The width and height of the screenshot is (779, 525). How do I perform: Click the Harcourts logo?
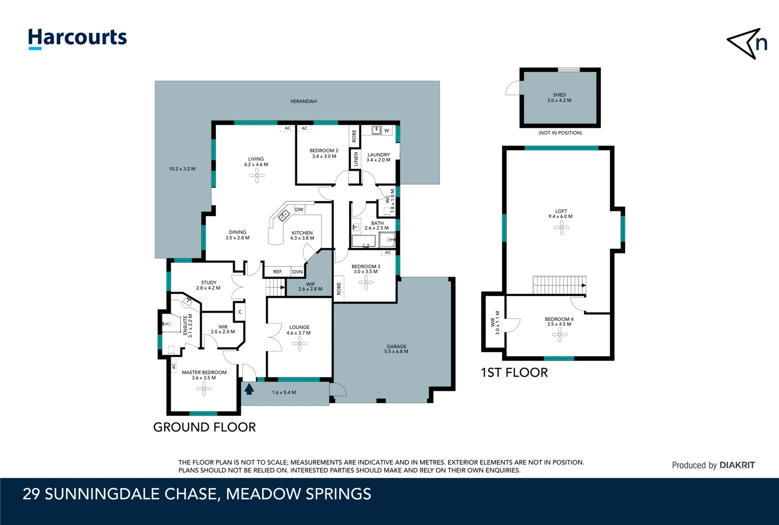(x=77, y=38)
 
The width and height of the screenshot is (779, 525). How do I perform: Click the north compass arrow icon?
(x=747, y=44)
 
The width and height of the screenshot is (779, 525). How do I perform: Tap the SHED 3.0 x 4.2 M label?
(x=559, y=98)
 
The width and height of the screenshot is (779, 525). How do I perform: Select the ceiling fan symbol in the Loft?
(x=561, y=227)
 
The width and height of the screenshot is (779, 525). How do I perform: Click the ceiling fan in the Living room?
(x=257, y=175)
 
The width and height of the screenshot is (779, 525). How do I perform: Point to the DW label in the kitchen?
(x=299, y=210)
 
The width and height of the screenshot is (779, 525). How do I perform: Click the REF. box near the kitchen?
(x=277, y=272)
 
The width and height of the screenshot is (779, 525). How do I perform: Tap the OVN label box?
(x=297, y=272)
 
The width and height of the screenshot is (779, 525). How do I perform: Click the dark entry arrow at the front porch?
(x=249, y=388)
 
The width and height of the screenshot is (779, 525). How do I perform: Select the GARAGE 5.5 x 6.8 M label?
(x=396, y=349)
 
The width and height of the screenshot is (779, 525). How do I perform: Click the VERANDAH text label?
(x=303, y=101)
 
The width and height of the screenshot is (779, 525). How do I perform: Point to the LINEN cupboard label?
(x=355, y=159)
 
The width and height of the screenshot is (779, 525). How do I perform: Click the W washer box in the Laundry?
(x=387, y=130)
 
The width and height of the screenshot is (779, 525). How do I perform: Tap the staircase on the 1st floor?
(x=559, y=285)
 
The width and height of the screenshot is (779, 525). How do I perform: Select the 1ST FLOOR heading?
(x=514, y=372)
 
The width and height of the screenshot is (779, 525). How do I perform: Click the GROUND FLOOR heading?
(x=204, y=427)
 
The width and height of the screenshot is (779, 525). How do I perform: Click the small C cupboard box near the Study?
(x=240, y=312)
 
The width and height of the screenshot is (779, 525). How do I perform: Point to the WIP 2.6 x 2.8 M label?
(x=310, y=286)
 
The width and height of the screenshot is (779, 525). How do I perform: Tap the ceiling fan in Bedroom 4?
(x=559, y=334)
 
